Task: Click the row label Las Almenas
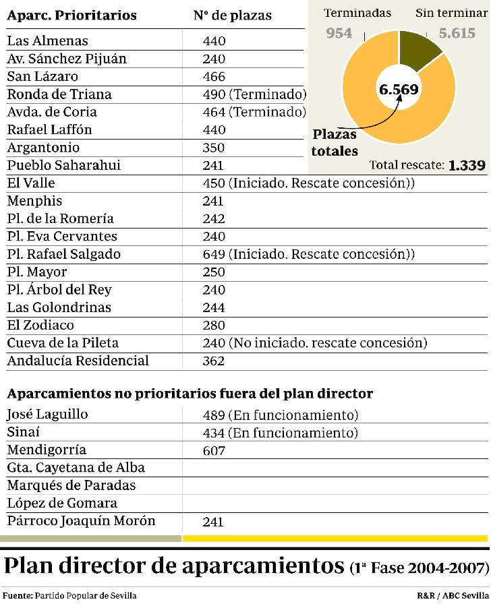(47, 41)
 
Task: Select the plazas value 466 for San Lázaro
(214, 77)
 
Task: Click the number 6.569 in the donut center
(399, 90)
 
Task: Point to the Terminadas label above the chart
(357, 13)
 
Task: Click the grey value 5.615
(457, 33)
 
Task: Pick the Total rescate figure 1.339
(467, 165)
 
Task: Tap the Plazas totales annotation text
(335, 142)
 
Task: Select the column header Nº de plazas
(232, 16)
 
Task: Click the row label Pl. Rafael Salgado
(63, 254)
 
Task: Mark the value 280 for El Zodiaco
(214, 326)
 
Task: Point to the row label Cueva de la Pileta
(63, 343)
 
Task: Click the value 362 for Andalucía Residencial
(214, 361)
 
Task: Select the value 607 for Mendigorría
(214, 451)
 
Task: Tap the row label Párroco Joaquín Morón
(81, 521)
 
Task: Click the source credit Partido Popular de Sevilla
(85, 596)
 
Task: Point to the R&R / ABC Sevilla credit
(453, 596)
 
